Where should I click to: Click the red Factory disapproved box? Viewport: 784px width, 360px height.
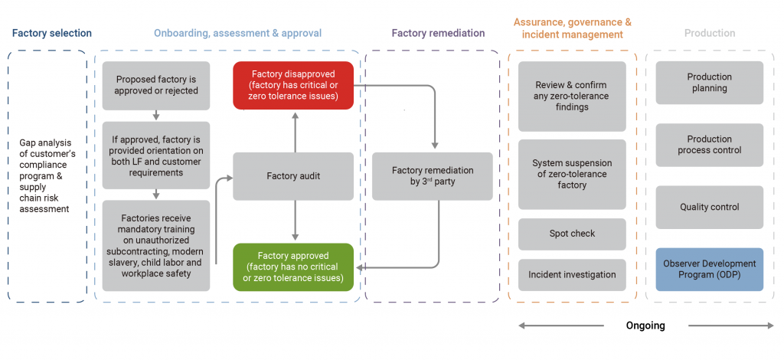pos(293,85)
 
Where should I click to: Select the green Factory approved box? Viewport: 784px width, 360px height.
pos(293,267)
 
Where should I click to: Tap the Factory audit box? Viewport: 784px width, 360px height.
pos(293,176)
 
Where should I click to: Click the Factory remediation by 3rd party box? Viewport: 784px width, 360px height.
pos(433,176)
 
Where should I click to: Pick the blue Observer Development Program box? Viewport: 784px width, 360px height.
pos(709,269)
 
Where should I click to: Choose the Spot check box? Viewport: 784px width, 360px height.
pos(572,234)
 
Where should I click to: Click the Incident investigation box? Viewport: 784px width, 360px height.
pos(572,274)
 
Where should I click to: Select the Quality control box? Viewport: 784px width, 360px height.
pos(709,207)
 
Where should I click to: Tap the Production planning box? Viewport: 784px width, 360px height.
pos(709,83)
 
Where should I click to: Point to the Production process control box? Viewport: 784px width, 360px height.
pos(709,145)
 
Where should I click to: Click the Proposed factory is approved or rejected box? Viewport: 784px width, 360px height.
pos(156,85)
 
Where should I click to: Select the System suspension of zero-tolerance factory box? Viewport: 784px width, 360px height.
pos(572,174)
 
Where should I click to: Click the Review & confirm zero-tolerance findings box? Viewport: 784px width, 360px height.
pos(572,97)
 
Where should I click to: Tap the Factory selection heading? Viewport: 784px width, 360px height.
pos(51,33)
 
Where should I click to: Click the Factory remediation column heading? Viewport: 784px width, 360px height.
pos(438,33)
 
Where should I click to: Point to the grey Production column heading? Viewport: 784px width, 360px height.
pos(710,33)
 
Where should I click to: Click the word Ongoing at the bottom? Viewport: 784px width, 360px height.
pos(645,326)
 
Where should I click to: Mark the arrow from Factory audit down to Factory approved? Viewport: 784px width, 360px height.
pos(294,221)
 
